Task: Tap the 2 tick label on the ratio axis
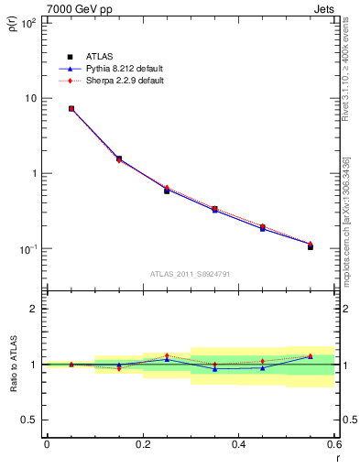click(x=34, y=309)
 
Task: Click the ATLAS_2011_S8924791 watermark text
click(x=191, y=274)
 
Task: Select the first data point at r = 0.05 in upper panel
click(x=71, y=108)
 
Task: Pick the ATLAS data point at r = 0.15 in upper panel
click(x=118, y=158)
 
